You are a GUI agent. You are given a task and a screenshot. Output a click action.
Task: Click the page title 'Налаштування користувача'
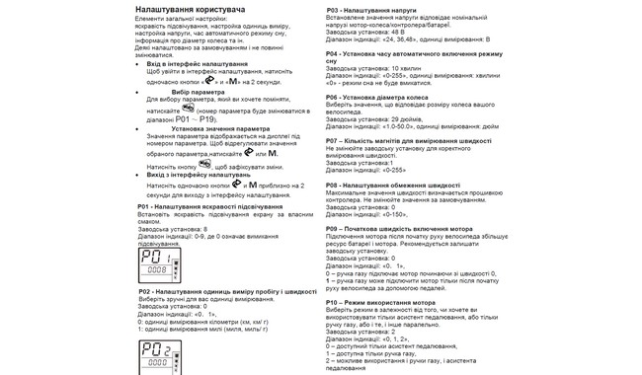(x=190, y=8)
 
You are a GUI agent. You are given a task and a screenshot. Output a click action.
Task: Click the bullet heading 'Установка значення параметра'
(x=219, y=127)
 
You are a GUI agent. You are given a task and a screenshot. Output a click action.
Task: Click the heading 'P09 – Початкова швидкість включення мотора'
(x=399, y=228)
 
